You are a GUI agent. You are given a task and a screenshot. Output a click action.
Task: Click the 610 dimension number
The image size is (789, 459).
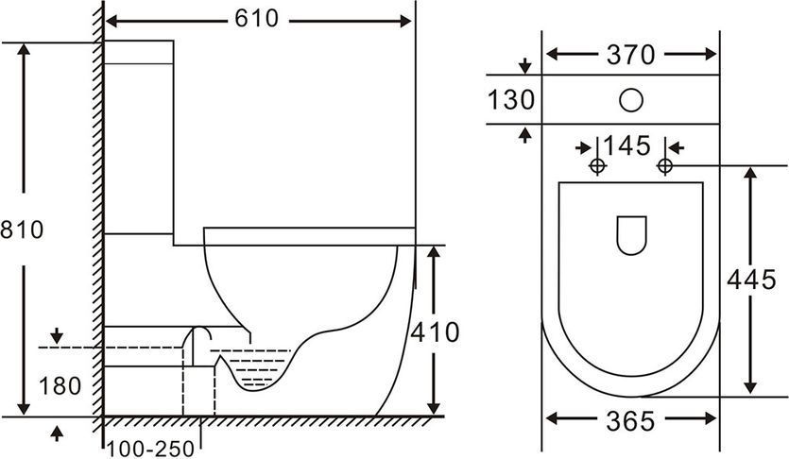tap(256, 19)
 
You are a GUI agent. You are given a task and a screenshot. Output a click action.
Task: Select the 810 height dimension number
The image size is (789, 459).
tap(22, 229)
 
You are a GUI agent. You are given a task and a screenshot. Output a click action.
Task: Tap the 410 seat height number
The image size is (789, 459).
tap(436, 332)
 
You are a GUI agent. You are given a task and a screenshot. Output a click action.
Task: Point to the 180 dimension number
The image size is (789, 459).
tap(60, 386)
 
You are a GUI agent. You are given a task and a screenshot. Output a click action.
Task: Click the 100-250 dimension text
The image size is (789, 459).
tap(150, 449)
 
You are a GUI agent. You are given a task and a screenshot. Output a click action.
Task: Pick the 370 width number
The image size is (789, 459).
tap(630, 55)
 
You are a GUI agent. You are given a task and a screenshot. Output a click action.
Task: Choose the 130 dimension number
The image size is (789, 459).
tap(511, 99)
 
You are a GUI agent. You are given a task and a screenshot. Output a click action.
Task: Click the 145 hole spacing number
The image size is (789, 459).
tap(627, 145)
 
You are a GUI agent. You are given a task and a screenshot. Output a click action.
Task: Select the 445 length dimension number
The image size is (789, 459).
tap(752, 280)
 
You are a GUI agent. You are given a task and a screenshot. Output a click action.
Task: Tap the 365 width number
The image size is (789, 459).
tap(630, 421)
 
